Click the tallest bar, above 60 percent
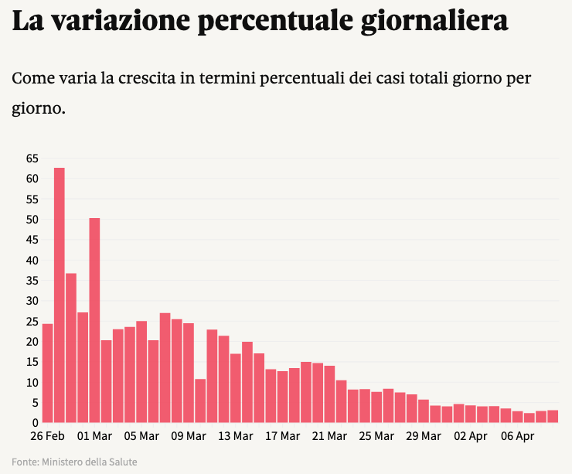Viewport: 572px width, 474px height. [x=59, y=294]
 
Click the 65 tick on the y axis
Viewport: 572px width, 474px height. [x=32, y=159]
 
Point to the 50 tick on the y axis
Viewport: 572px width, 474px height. [x=32, y=220]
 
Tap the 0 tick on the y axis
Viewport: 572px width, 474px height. [x=35, y=423]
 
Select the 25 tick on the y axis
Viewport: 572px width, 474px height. [x=32, y=321]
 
